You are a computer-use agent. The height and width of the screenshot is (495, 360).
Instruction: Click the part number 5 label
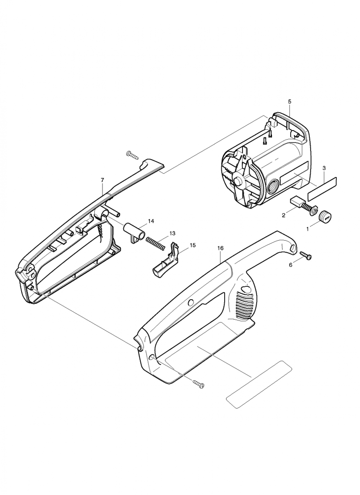[x=290, y=101]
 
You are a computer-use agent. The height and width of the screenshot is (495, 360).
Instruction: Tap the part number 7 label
[x=103, y=180]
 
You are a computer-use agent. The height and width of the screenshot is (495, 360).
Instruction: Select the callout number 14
[x=151, y=221]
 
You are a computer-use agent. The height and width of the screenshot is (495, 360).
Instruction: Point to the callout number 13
[x=172, y=233]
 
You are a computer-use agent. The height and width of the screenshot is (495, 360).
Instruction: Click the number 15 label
[x=193, y=245]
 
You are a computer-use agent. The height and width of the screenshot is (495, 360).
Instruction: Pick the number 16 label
[x=220, y=248]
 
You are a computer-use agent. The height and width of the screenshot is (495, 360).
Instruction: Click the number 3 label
[x=324, y=168]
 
